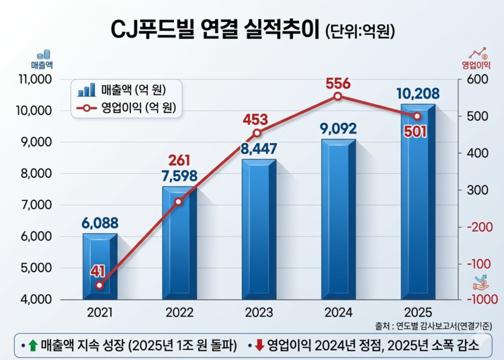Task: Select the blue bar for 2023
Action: tap(259, 228)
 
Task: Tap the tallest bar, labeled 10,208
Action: tap(417, 201)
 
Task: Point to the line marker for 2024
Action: tap(338, 97)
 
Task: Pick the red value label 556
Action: tap(338, 83)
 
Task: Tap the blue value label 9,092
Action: tap(338, 128)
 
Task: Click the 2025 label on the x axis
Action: tap(417, 313)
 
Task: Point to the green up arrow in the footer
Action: tap(32, 345)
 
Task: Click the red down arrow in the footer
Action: tap(258, 345)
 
